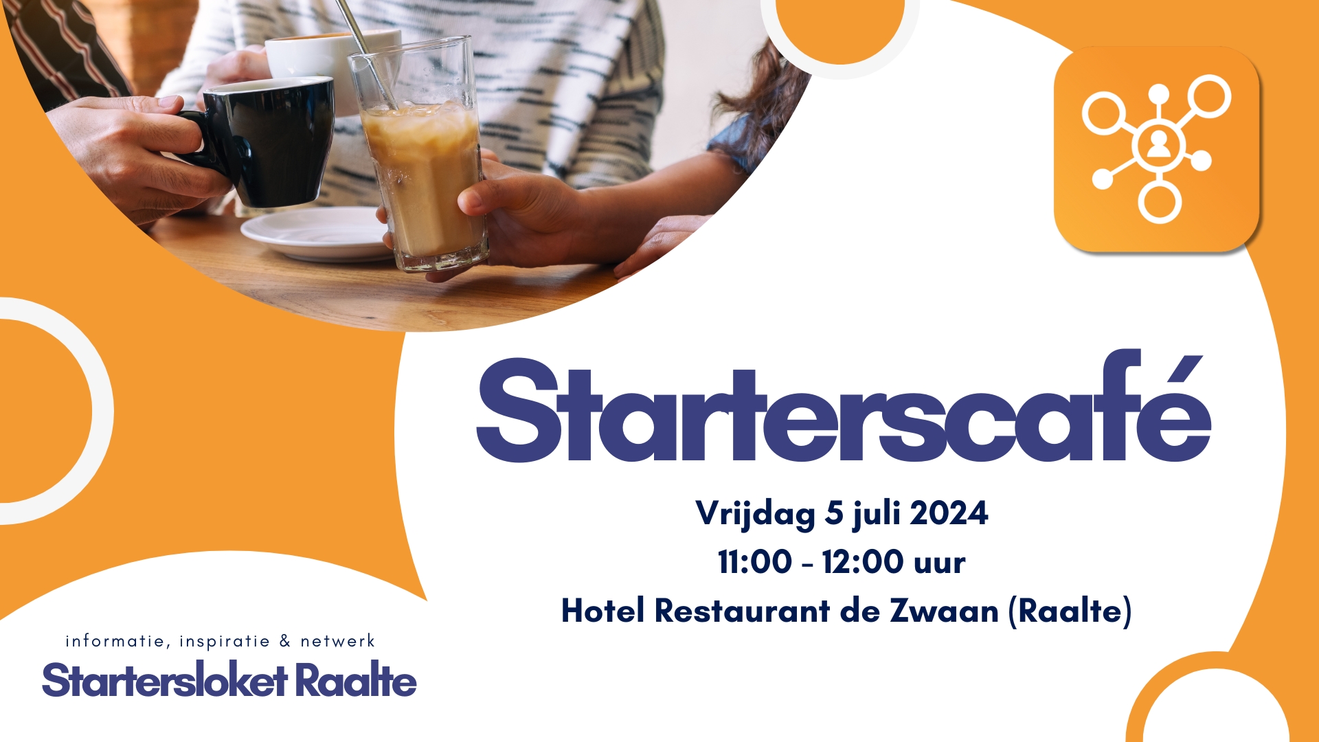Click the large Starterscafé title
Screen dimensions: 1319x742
coord(844,407)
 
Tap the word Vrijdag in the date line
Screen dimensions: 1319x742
coord(755,514)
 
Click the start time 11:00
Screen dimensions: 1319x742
coord(754,562)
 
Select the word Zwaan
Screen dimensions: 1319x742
coord(944,611)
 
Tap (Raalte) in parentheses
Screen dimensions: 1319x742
coord(1070,611)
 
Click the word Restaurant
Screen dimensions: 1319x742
coord(742,610)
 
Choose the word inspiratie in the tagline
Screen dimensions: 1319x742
coord(225,642)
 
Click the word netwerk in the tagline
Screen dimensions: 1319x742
coord(337,641)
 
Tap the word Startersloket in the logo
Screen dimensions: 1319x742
coord(164,680)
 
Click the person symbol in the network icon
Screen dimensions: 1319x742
coord(1158,144)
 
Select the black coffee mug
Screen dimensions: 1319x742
coord(261,141)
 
